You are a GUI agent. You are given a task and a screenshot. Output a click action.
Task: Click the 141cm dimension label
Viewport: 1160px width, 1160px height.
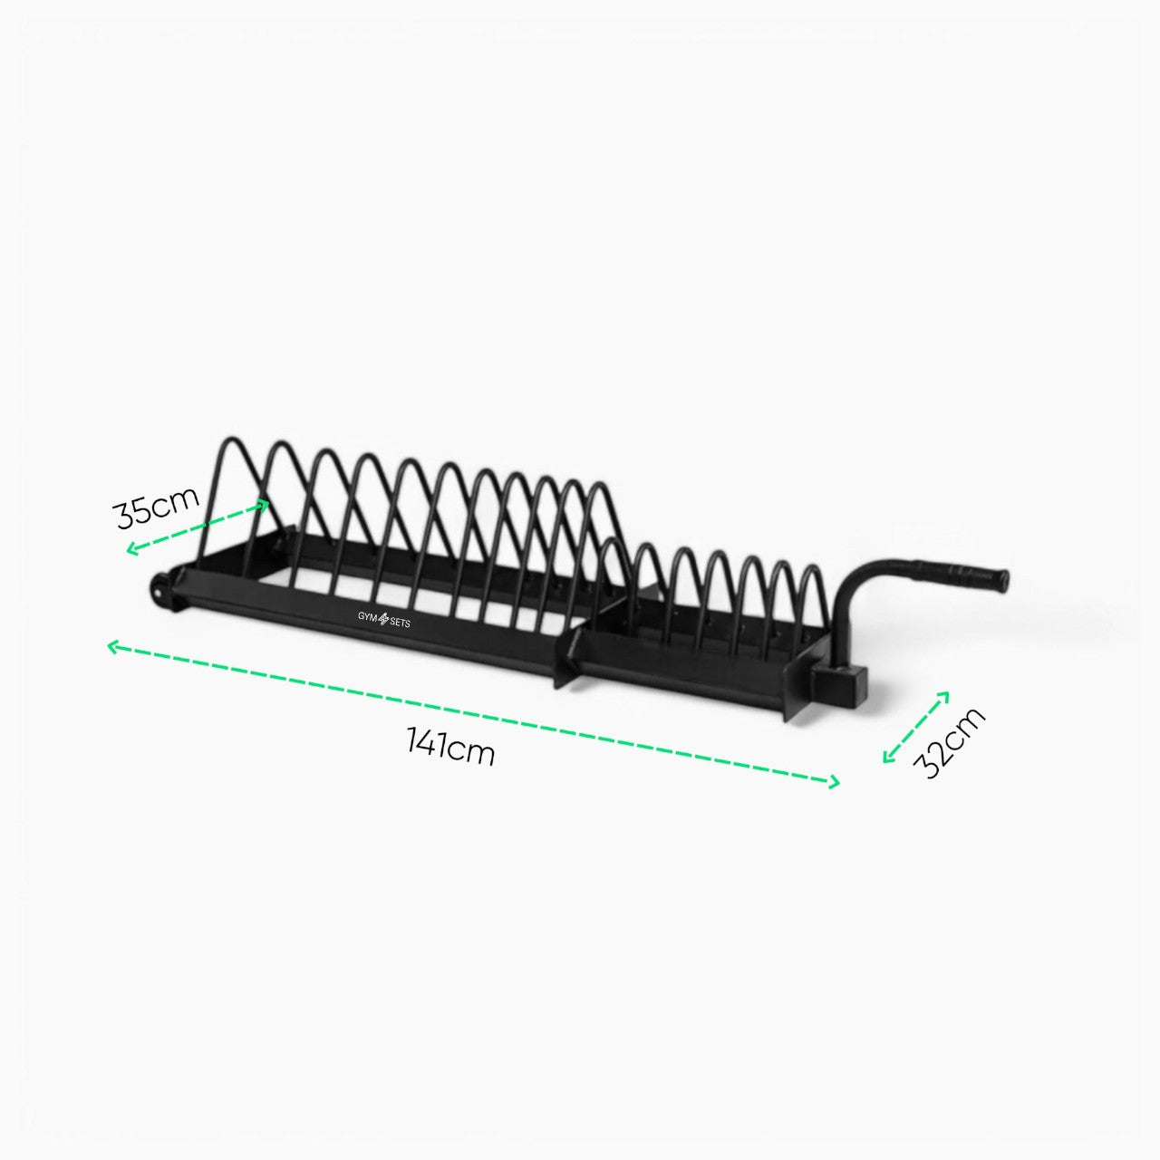tap(450, 747)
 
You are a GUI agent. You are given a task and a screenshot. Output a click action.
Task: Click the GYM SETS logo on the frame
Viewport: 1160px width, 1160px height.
tap(382, 620)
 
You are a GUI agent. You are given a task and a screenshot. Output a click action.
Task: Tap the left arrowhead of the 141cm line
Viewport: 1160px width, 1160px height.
tap(112, 646)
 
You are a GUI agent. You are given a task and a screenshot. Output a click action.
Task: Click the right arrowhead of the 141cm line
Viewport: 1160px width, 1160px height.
tap(833, 782)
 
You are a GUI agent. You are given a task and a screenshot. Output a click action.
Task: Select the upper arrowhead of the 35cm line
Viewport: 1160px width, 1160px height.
tap(263, 505)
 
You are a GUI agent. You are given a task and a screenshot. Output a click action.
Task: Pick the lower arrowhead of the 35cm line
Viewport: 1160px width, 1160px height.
tap(132, 549)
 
